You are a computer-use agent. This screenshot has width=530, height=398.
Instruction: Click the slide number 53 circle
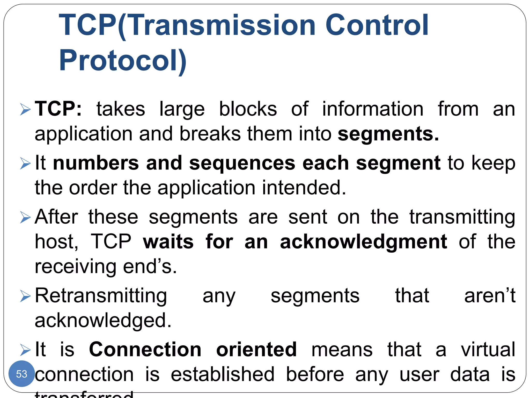coord(21,374)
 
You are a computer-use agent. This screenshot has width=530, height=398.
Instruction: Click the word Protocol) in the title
coord(123,60)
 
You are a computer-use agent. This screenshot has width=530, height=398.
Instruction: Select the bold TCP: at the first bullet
coord(58,109)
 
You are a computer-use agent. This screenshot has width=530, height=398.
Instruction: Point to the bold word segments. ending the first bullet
coord(388,134)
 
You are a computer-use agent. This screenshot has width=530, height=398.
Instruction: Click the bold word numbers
coord(96,163)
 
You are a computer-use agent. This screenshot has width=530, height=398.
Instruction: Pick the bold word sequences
coord(242,163)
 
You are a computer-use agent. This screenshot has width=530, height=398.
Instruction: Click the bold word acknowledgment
coord(364,242)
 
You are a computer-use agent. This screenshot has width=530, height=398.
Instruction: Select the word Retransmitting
coord(101,296)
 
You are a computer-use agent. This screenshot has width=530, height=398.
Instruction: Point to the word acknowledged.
coord(103,321)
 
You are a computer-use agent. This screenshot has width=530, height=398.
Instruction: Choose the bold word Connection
coord(145,349)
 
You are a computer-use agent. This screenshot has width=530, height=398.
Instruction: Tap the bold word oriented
coord(256,349)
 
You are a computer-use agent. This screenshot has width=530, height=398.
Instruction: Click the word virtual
coord(488,349)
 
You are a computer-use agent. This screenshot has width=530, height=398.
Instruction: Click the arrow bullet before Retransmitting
coord(25,296)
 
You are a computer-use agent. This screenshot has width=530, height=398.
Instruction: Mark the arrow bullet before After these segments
coord(25,217)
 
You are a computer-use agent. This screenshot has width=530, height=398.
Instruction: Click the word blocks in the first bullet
coord(248,109)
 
